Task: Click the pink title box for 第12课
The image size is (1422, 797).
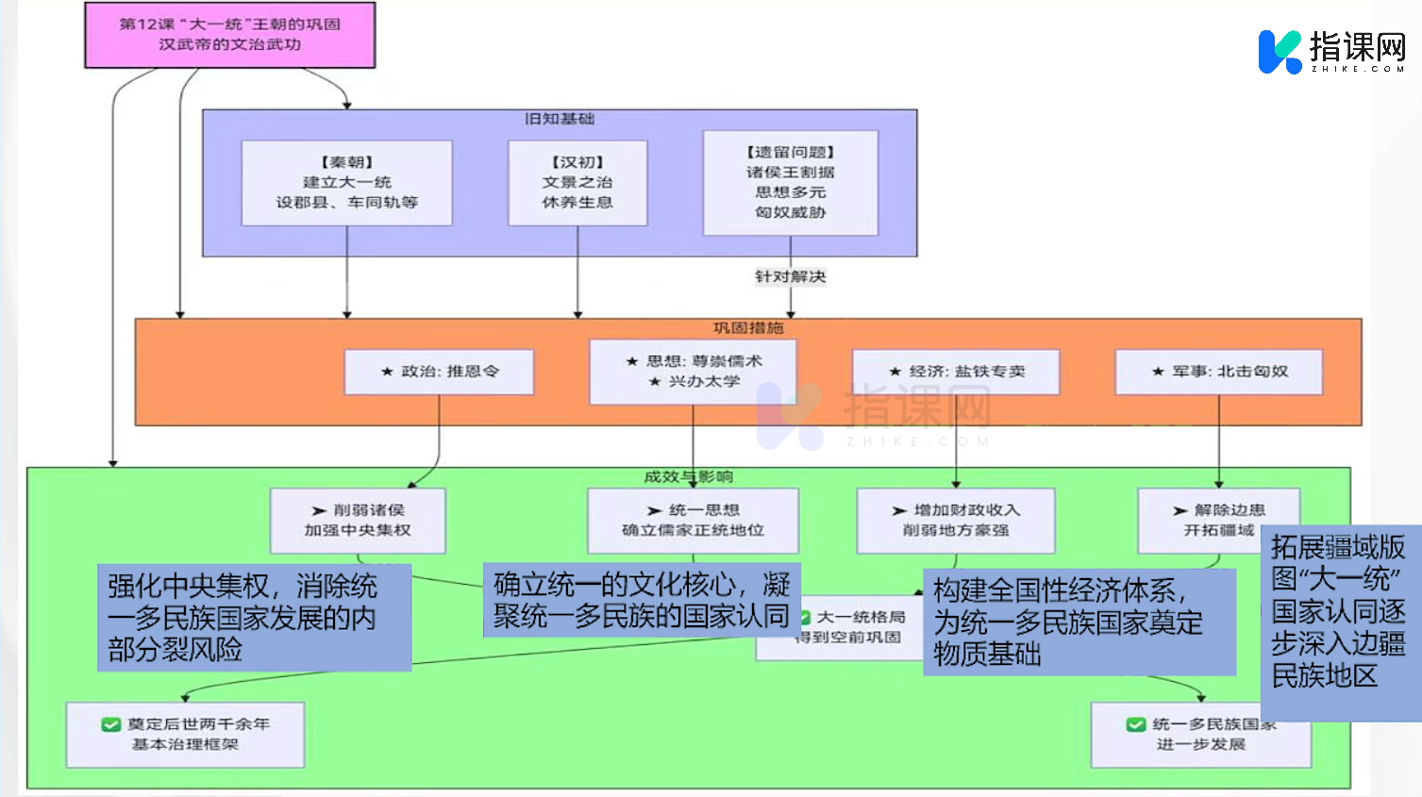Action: point(229,35)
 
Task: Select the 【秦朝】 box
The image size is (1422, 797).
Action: point(346,183)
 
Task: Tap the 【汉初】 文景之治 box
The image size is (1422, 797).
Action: point(577,183)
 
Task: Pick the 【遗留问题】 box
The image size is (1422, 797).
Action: point(790,182)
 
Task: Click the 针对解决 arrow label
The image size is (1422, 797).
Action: point(790,276)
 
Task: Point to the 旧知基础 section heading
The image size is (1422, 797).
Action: point(560,119)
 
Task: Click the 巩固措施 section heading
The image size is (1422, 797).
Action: point(748,327)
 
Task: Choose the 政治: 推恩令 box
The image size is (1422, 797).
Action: point(439,372)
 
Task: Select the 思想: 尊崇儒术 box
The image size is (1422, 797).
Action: point(693,372)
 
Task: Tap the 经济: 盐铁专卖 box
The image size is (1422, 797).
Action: point(956,372)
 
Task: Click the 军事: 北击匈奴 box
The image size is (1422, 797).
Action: point(1218,372)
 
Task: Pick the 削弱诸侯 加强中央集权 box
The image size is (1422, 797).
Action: point(358,521)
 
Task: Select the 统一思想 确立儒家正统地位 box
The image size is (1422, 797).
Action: point(693,521)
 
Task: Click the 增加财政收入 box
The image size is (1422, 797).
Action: point(956,521)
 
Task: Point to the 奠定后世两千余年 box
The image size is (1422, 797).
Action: point(185,735)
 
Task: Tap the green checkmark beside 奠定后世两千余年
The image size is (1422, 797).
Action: point(110,724)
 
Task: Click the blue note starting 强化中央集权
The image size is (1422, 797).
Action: point(254,618)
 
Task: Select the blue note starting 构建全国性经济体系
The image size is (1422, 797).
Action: point(1079,623)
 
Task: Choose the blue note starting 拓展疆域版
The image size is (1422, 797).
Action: point(1340,623)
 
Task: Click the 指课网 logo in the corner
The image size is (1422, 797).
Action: point(1331,51)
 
